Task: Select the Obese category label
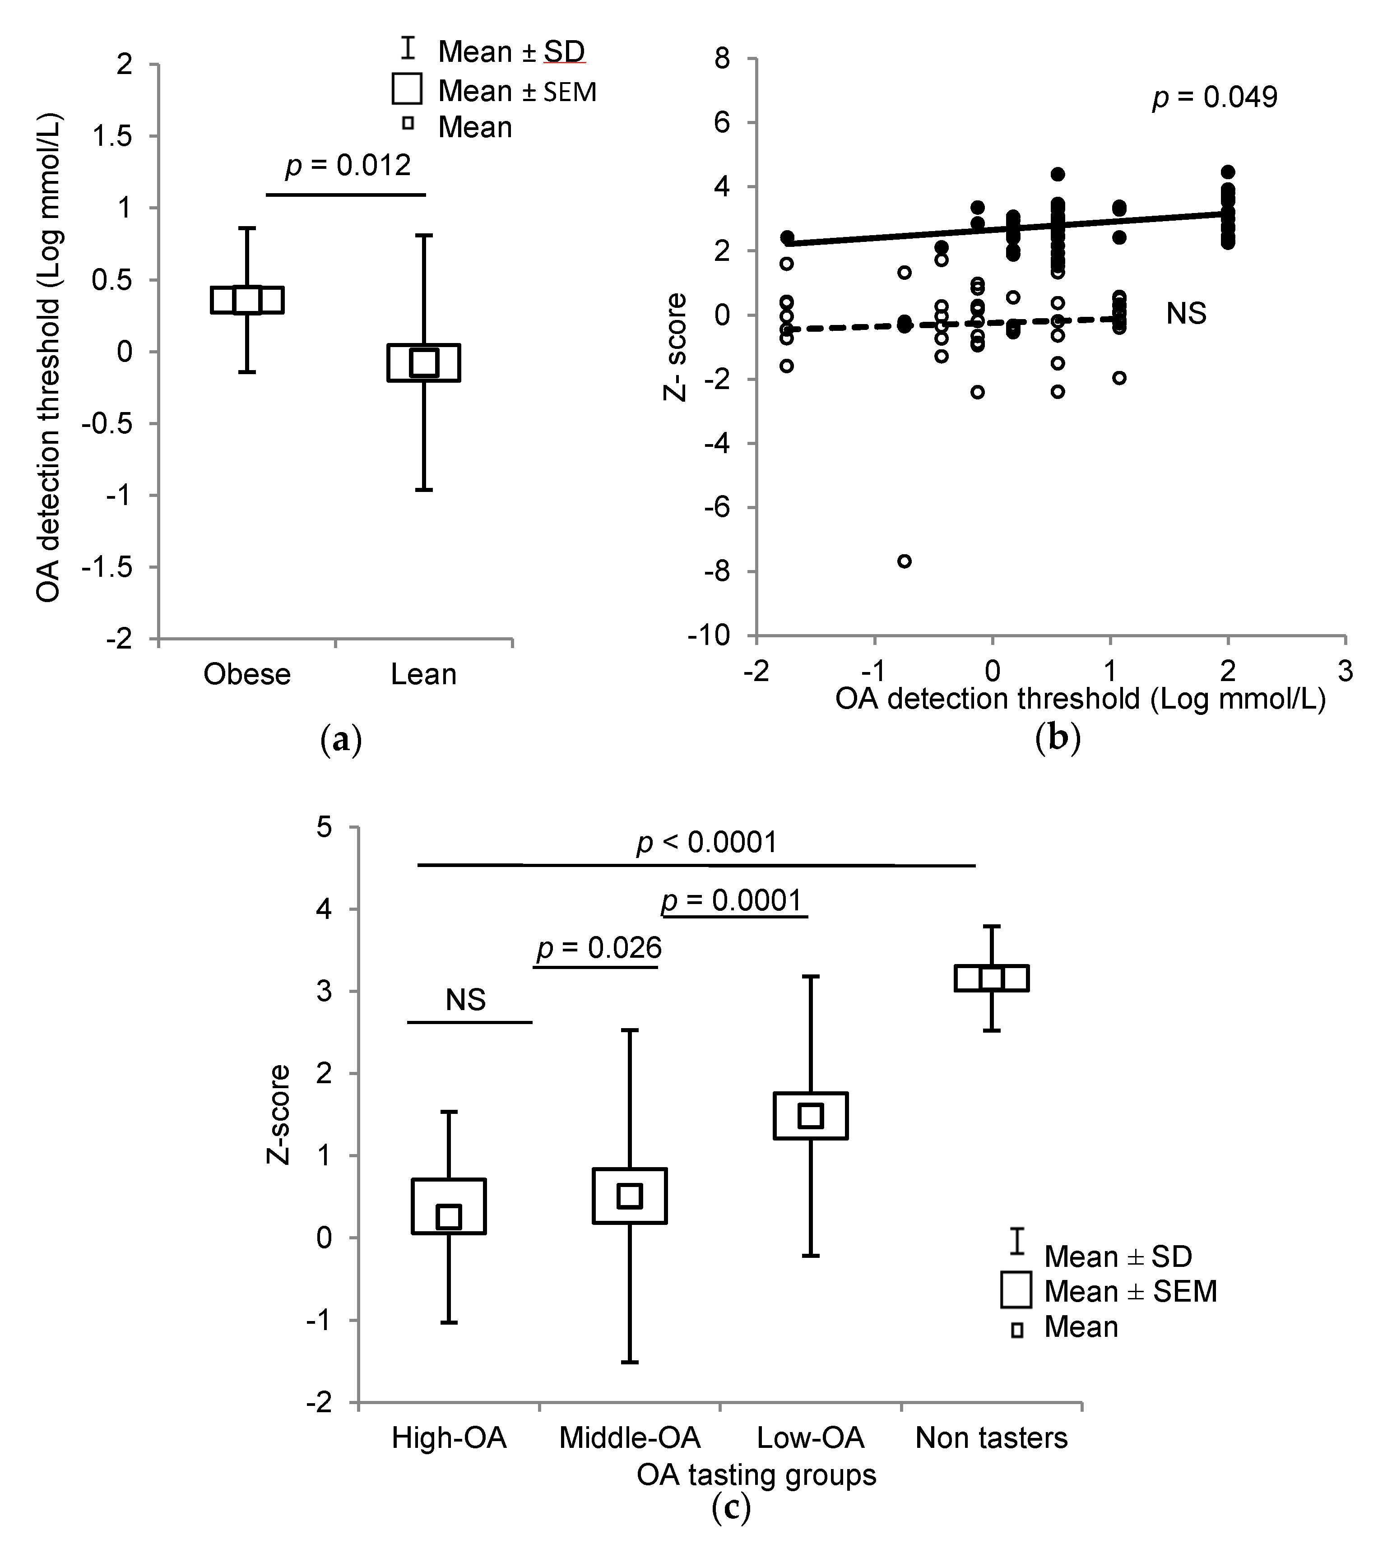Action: pos(247,674)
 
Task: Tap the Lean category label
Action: pos(423,674)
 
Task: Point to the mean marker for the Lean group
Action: pos(423,362)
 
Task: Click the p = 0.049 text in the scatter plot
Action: pos(1215,97)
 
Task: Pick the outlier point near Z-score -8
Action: pos(904,561)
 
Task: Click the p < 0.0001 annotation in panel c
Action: pos(706,842)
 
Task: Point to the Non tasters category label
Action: pos(991,1437)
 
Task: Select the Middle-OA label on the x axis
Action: pos(629,1437)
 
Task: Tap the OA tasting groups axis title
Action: pos(756,1474)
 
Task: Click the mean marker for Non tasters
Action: pos(991,978)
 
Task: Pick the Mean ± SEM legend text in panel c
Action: pos(1130,1291)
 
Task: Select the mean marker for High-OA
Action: pos(449,1217)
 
